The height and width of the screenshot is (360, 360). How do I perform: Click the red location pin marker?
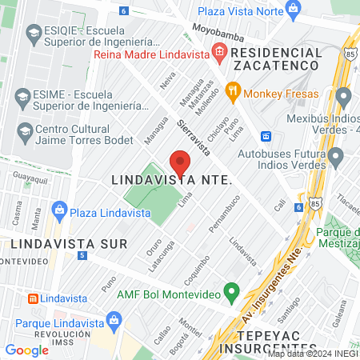click(x=180, y=162)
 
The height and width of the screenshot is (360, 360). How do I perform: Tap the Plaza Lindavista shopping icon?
click(x=58, y=213)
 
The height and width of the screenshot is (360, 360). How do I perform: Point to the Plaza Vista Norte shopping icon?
click(x=294, y=10)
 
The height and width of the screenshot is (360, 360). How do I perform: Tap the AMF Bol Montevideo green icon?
click(x=232, y=293)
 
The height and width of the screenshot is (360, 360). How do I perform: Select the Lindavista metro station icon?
click(x=33, y=298)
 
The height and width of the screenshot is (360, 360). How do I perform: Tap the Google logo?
click(x=26, y=350)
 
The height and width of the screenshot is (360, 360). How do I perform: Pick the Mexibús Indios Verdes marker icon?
click(x=344, y=98)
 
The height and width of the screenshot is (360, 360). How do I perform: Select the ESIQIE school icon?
click(x=33, y=33)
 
